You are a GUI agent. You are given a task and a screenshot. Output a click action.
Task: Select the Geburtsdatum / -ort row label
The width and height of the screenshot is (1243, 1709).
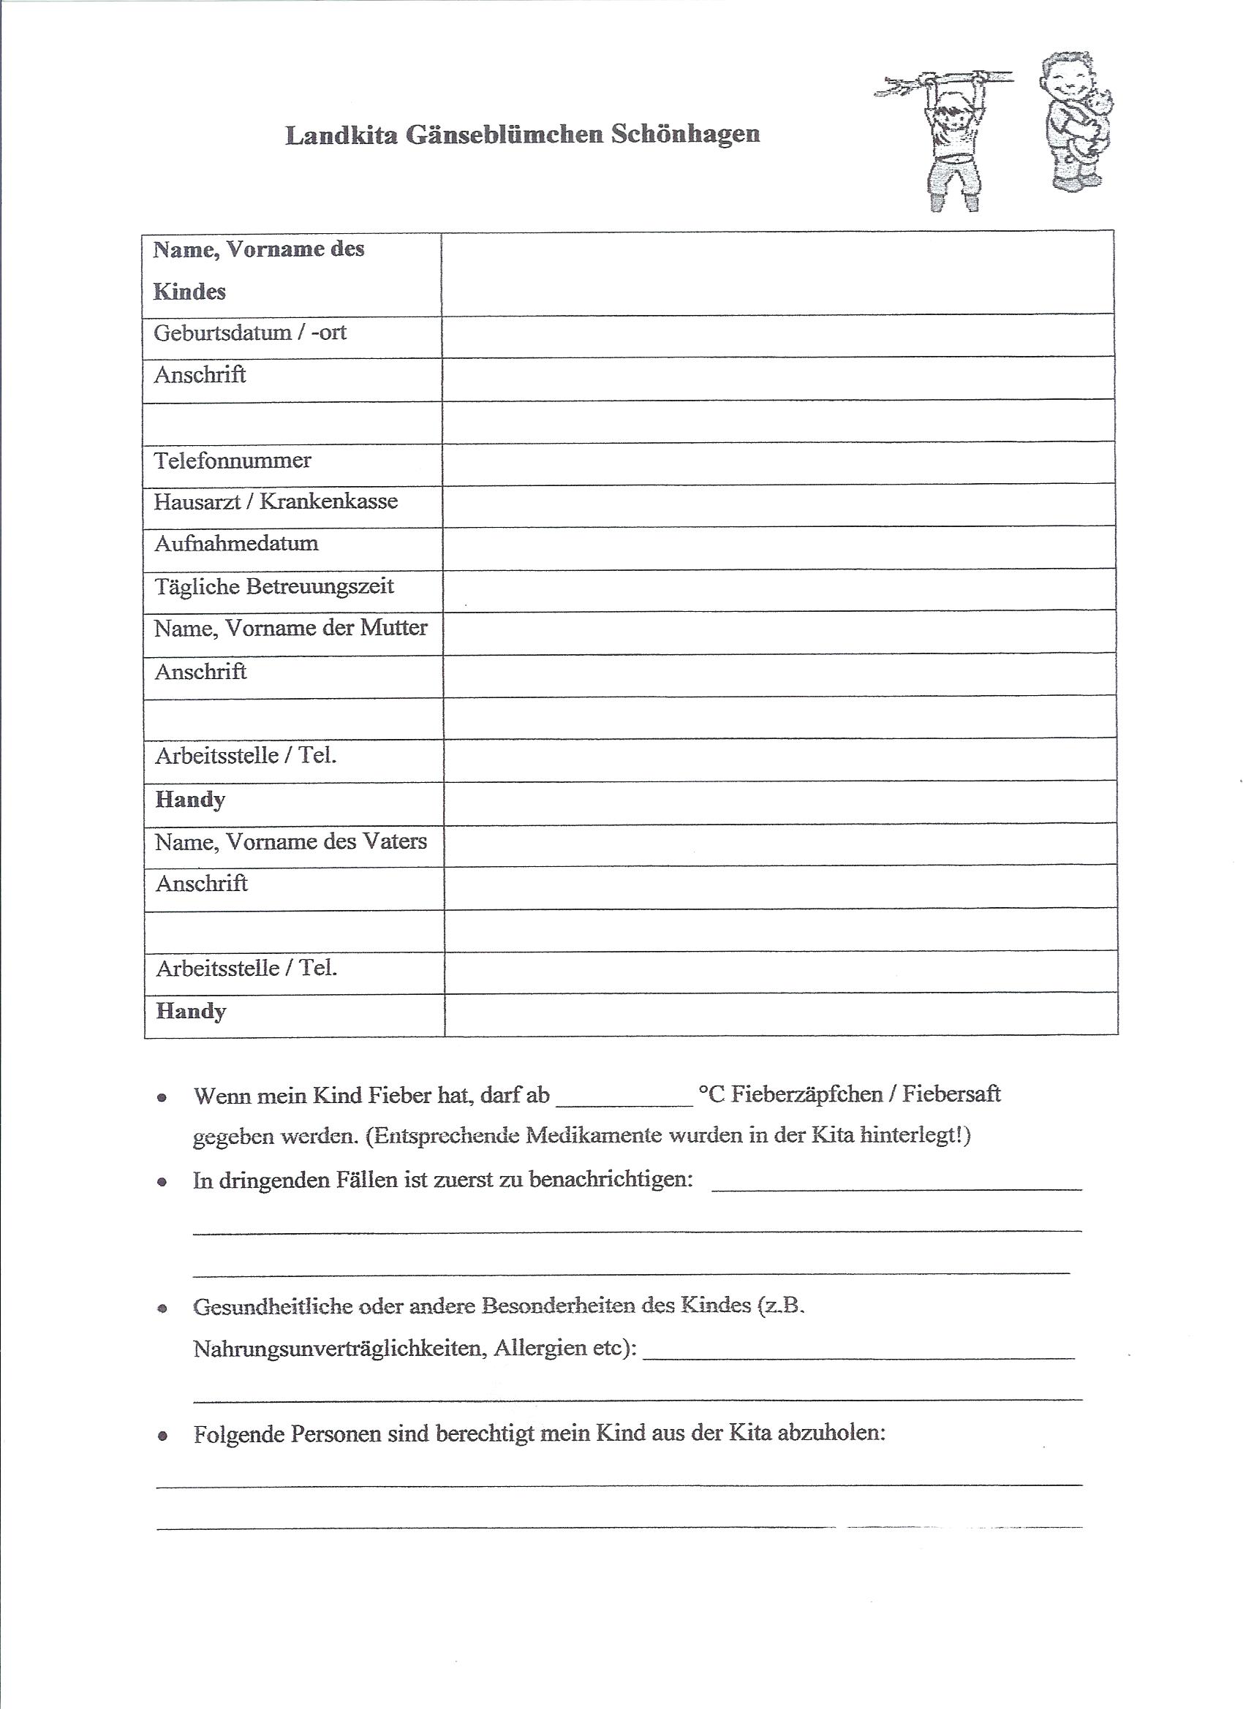[x=249, y=333]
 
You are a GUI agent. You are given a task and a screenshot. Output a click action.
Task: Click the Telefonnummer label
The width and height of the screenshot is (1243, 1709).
[x=233, y=461]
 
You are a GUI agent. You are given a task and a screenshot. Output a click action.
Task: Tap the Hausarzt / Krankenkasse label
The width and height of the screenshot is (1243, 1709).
[x=275, y=502]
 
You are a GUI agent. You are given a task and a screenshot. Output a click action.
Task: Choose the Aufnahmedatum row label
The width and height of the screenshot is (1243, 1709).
[x=236, y=543]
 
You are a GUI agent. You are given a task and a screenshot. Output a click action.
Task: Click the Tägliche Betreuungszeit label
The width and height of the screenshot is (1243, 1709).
[x=273, y=586]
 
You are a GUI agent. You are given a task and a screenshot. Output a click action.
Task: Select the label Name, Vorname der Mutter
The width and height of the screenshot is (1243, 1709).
[x=290, y=628]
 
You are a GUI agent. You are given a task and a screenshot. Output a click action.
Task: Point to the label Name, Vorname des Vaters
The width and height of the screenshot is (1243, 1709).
[x=290, y=841]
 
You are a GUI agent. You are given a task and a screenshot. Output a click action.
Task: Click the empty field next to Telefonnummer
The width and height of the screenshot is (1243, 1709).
[x=778, y=463]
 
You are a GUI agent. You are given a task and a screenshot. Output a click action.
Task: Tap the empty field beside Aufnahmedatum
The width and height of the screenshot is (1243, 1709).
[x=778, y=547]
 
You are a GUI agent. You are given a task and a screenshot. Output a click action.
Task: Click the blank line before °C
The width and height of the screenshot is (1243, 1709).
[x=624, y=1097]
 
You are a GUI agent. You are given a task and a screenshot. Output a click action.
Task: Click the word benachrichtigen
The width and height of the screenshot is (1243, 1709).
[x=611, y=1179]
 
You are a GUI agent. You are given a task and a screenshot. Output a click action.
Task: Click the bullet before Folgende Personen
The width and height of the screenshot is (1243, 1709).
[x=162, y=1436]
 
